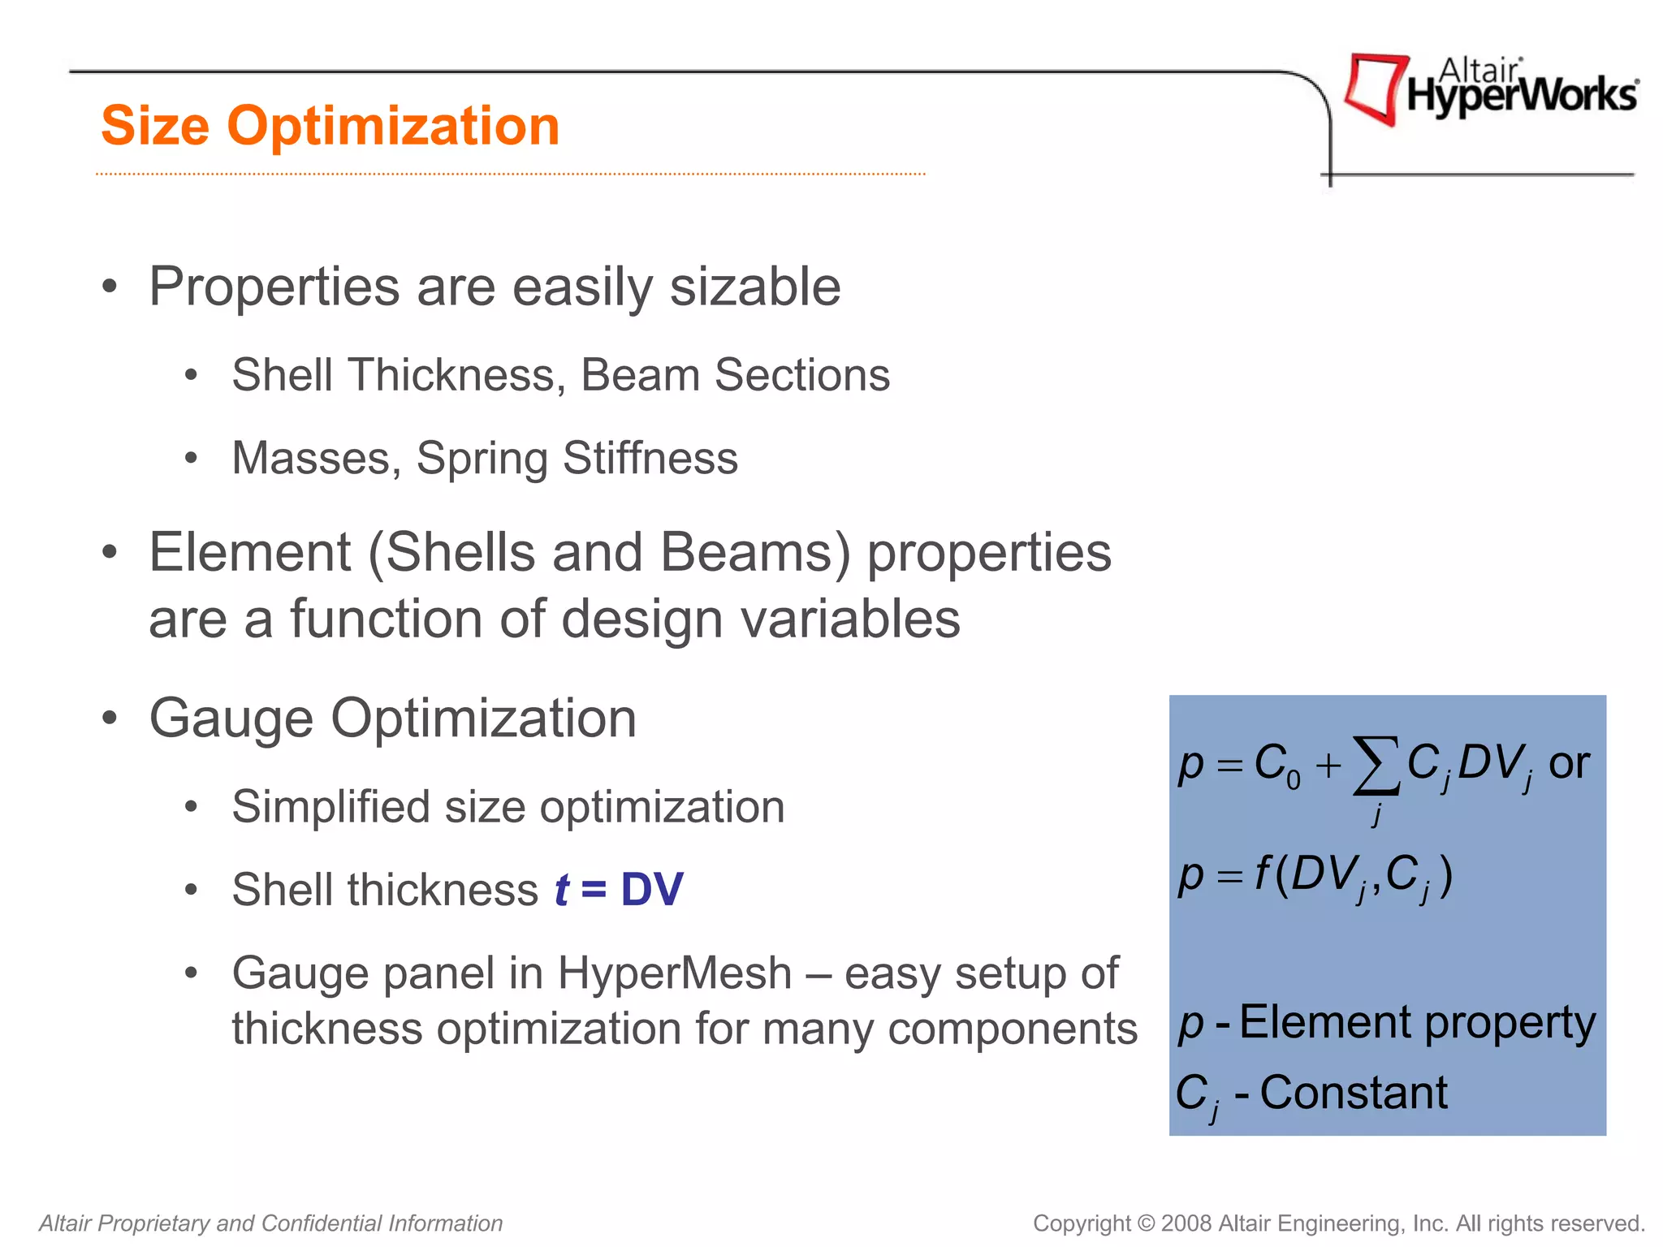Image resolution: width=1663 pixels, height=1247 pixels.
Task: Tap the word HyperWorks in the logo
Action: coord(1522,96)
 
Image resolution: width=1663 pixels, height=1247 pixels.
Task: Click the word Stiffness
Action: coord(650,458)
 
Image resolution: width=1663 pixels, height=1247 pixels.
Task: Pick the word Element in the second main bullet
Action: coord(250,553)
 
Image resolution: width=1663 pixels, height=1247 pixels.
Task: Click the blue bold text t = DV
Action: coord(619,890)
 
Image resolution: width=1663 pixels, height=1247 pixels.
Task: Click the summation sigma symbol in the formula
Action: coord(1376,766)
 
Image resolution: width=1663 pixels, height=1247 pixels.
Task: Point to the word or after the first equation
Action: coord(1568,764)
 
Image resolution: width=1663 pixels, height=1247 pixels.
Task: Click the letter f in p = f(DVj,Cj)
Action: coord(1263,874)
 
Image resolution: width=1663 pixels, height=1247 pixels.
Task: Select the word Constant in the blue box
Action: coord(1354,1093)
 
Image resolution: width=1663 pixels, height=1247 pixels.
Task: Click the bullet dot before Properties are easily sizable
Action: coord(110,287)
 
